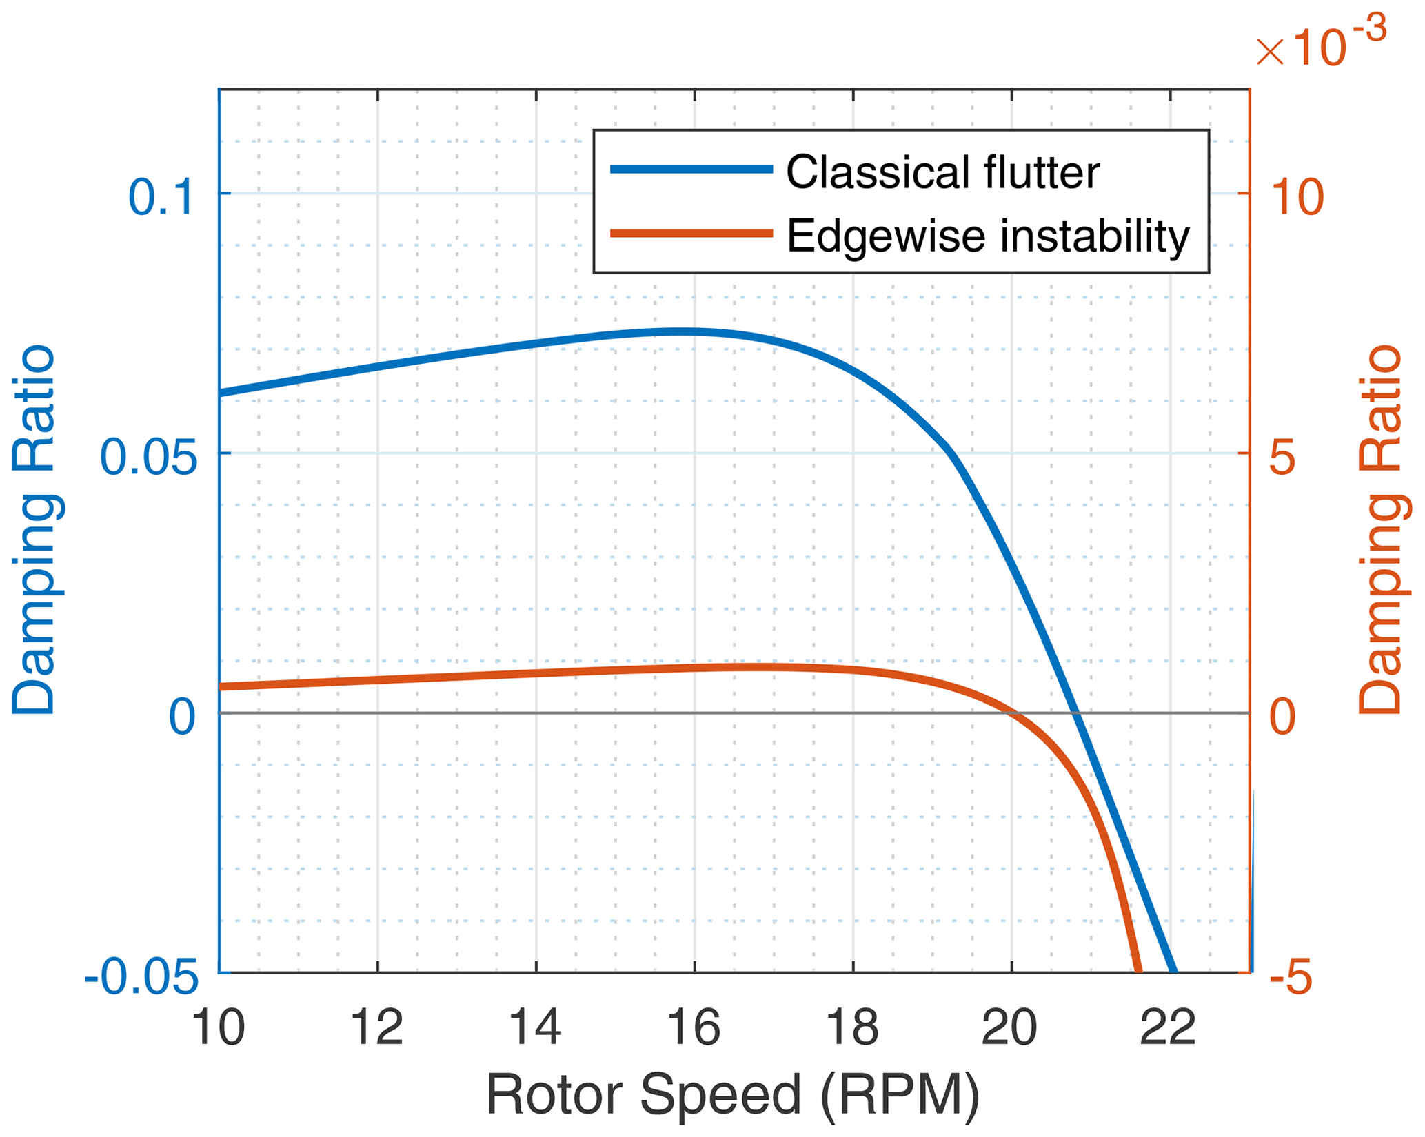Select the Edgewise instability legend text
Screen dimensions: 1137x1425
988,236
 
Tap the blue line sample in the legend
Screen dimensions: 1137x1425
691,169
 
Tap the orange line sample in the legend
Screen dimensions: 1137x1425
691,234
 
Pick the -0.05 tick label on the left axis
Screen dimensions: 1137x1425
141,976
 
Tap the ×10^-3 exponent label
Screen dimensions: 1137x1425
1321,45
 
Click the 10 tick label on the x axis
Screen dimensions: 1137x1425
218,1028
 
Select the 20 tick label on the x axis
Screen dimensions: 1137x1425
1010,1028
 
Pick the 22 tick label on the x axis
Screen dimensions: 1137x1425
1169,1028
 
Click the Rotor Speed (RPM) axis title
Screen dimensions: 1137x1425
733,1094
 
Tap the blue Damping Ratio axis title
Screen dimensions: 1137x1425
33,531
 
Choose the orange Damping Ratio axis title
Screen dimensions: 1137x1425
1380,531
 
